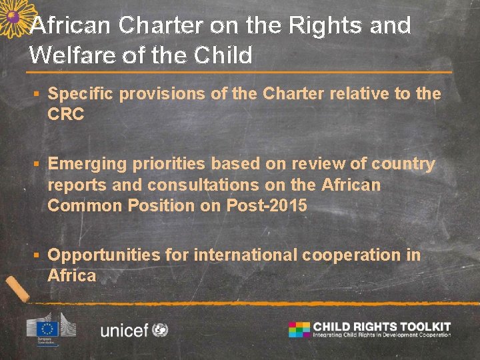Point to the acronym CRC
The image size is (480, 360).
[x=66, y=115]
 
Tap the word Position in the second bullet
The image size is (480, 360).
[x=159, y=205]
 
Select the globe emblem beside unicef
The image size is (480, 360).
[x=160, y=329]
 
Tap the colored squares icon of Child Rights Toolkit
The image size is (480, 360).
[x=299, y=329]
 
